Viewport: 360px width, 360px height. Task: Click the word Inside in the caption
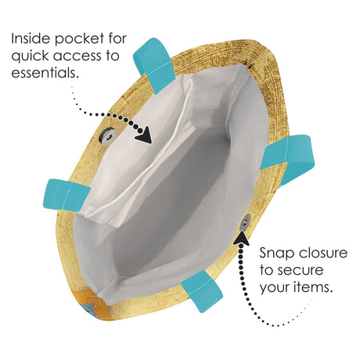(x=31, y=38)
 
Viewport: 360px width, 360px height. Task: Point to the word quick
(x=30, y=56)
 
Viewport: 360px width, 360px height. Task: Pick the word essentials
(x=45, y=72)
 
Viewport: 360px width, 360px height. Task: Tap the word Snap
(x=276, y=254)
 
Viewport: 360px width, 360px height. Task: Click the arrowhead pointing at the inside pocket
(x=145, y=135)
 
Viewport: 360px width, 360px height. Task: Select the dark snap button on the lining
(x=107, y=136)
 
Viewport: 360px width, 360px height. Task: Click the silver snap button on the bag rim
(x=245, y=222)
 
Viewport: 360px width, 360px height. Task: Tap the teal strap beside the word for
(x=154, y=65)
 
